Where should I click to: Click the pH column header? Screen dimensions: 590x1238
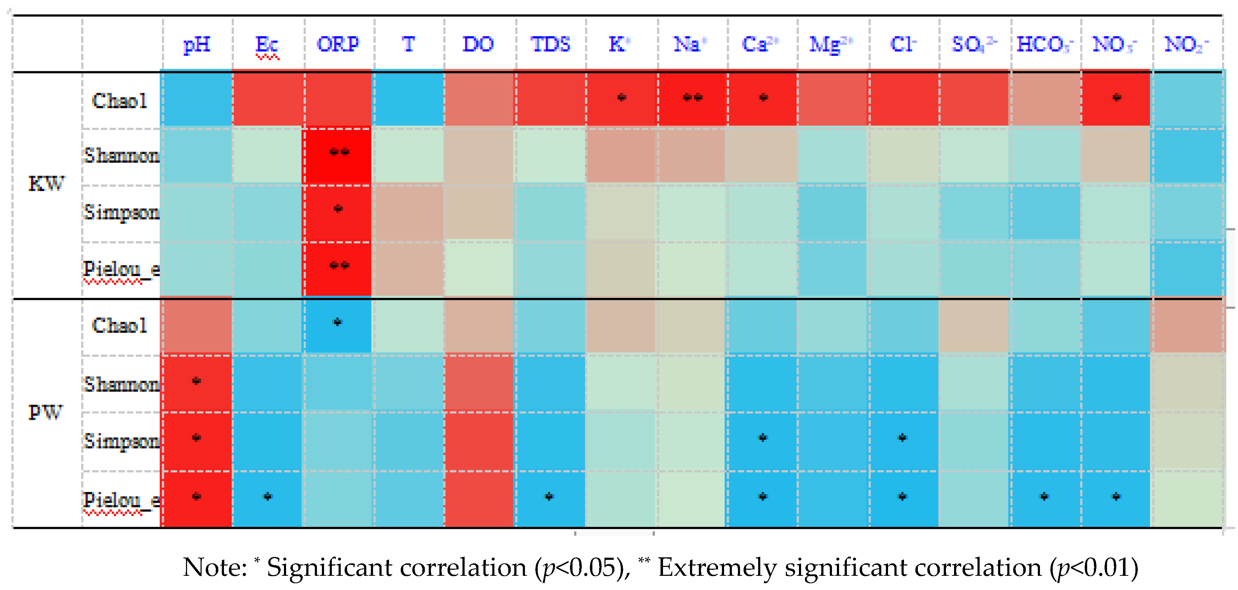tap(197, 44)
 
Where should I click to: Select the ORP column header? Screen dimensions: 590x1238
tap(338, 44)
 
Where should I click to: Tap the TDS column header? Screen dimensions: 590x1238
tap(550, 44)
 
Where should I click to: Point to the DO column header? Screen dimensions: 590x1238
tap(478, 44)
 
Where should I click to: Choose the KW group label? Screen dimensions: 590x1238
tap(46, 184)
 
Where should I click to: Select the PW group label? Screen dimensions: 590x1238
tap(46, 412)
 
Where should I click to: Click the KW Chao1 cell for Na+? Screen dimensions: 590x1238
tap(692, 99)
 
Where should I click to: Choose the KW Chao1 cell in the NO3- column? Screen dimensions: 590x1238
tap(1116, 99)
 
